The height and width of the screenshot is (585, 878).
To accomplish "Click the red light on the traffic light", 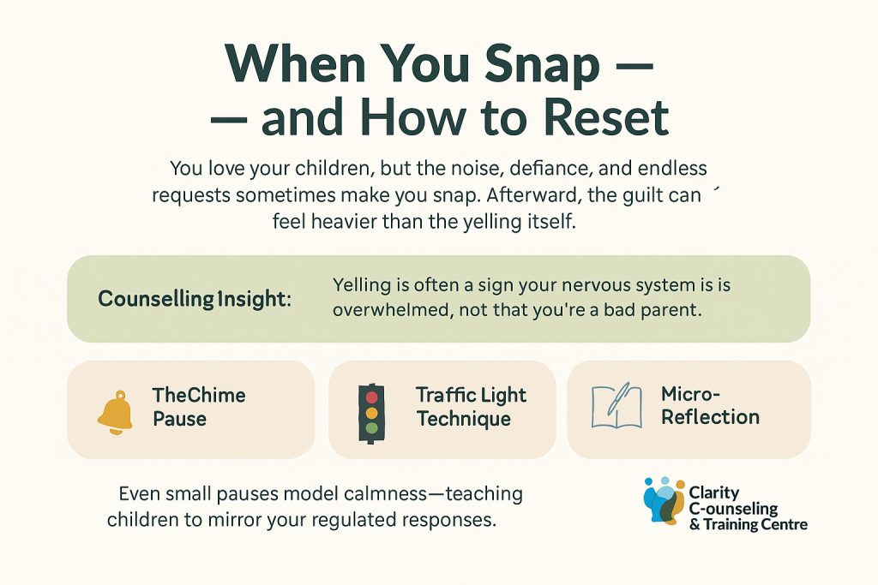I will [371, 397].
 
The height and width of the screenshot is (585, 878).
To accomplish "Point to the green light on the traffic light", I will [371, 427].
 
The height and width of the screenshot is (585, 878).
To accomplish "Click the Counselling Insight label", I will [195, 299].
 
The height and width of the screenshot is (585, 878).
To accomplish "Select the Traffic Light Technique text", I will [471, 407].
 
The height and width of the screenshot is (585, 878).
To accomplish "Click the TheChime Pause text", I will [199, 407].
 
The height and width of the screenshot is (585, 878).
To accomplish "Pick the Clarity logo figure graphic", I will [664, 499].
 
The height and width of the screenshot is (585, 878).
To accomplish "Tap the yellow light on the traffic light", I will [371, 412].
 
